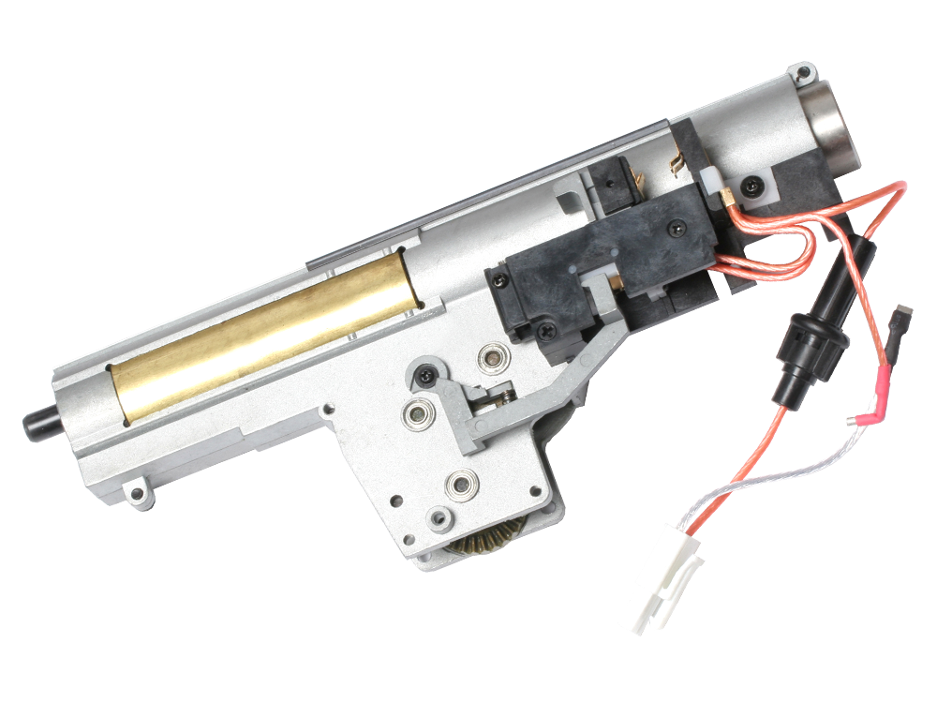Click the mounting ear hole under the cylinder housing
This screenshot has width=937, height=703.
pos(138,492)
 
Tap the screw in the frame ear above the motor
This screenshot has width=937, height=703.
pos(802,72)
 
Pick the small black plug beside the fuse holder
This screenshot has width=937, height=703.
pos(896,322)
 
